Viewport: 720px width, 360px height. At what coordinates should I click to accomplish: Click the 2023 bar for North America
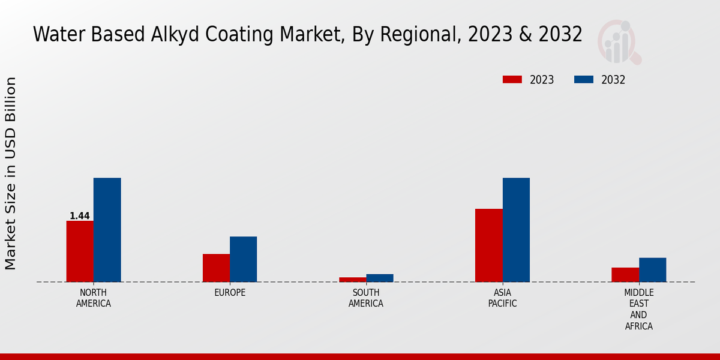tap(80, 251)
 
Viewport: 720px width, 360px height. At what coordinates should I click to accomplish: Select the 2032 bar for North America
tap(107, 230)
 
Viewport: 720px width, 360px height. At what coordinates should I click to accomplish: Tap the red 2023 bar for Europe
tap(216, 268)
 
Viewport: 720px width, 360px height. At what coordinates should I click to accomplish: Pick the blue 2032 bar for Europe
tap(243, 259)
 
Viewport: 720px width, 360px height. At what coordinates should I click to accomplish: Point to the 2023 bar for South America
tap(352, 280)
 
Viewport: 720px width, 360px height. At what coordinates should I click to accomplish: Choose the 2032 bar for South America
tap(380, 278)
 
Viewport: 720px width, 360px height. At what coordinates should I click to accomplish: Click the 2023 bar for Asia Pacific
tap(488, 245)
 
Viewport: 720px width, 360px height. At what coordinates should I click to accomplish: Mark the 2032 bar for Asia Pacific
tap(516, 230)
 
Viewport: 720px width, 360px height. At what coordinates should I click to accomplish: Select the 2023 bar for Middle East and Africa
tap(625, 275)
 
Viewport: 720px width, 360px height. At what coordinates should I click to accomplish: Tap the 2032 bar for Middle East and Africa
tap(652, 270)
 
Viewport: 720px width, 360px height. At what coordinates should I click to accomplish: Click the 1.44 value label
tap(80, 216)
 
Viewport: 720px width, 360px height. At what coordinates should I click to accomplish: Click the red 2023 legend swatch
tap(512, 80)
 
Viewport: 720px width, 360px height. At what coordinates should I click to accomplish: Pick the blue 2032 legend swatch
tap(584, 80)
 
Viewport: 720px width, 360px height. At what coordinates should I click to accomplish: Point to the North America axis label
tap(94, 298)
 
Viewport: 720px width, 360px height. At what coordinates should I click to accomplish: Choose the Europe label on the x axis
tap(230, 293)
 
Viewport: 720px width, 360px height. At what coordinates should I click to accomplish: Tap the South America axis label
tap(366, 298)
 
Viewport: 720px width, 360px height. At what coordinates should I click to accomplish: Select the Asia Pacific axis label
tap(503, 298)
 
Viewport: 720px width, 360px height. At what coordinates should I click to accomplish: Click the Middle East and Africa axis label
tap(638, 310)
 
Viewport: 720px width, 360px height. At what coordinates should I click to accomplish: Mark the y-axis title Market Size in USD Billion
tap(11, 173)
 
